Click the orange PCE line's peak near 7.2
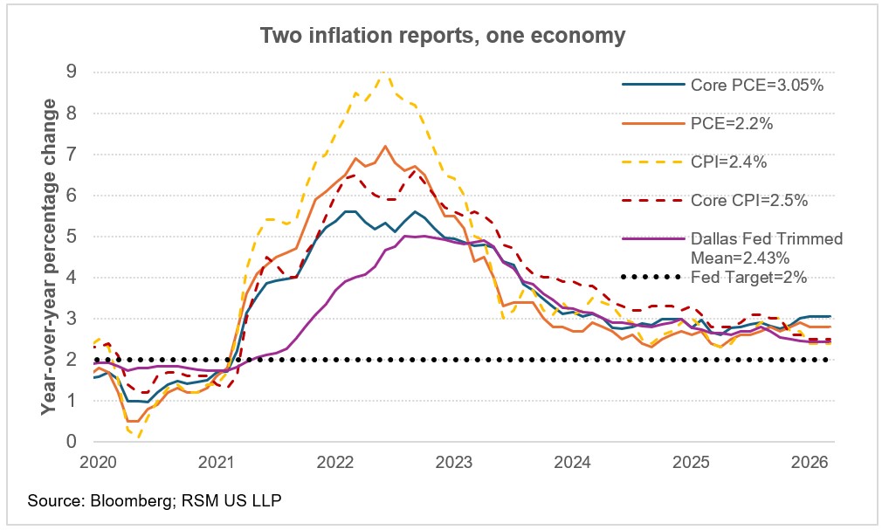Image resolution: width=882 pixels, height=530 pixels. (385, 146)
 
